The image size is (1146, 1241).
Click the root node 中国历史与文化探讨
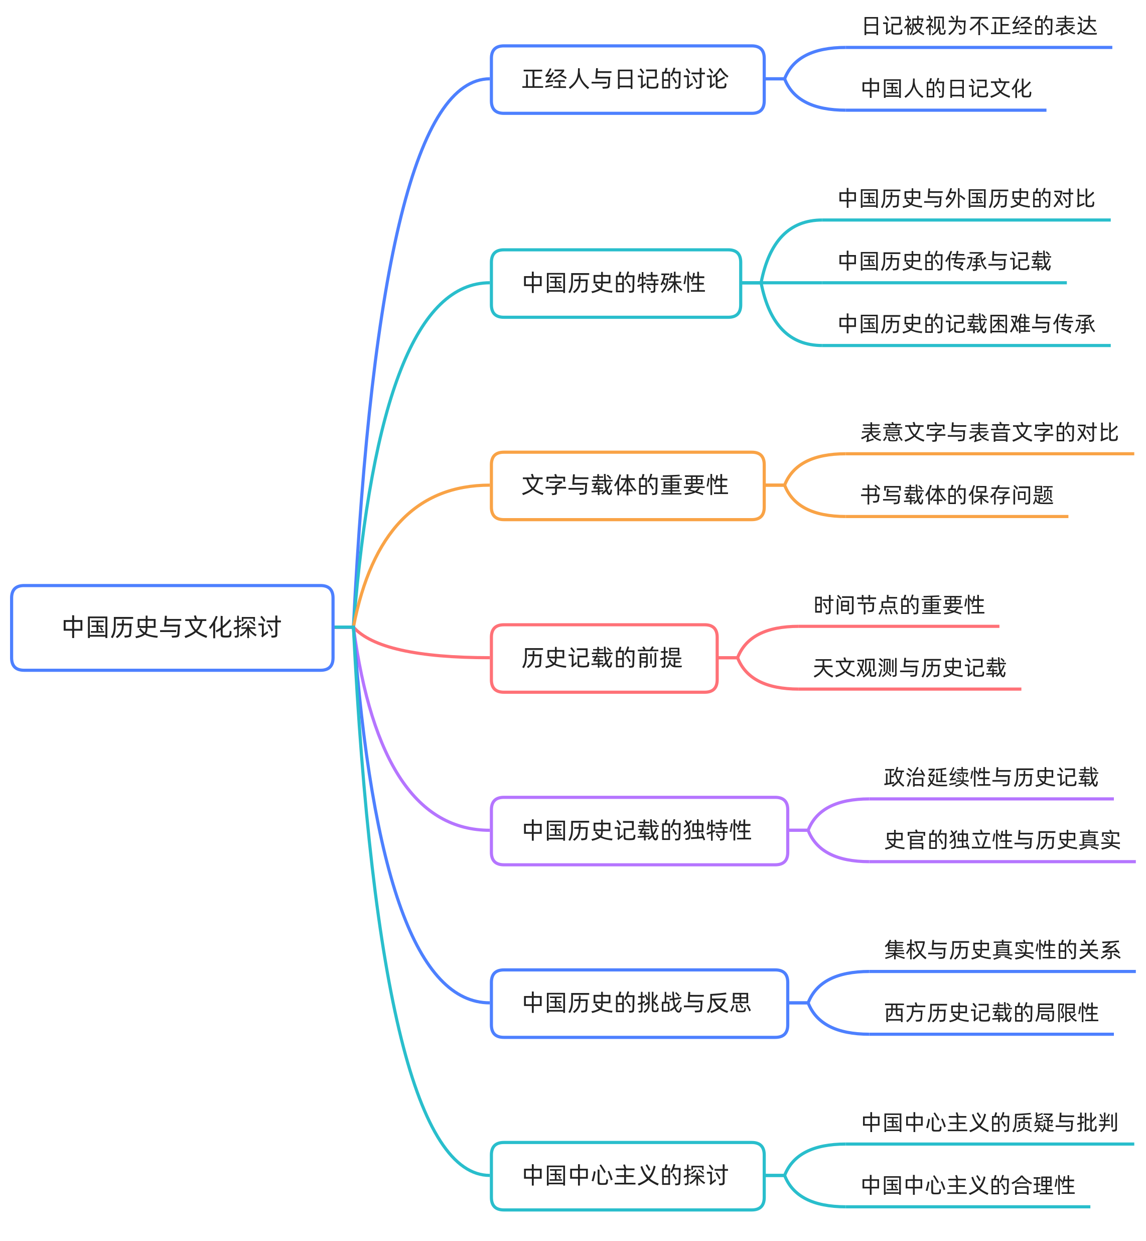[172, 628]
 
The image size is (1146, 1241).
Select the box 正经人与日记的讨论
[627, 79]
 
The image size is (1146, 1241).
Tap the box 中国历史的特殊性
[616, 284]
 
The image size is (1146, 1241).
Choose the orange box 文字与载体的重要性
[627, 485]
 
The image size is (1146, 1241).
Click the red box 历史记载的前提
[604, 658]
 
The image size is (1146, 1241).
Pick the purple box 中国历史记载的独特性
[639, 830]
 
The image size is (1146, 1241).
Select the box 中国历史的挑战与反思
[639, 1003]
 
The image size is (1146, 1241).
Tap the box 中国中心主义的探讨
[627, 1175]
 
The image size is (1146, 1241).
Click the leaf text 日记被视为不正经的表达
[979, 27]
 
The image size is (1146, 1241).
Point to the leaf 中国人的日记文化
[946, 89]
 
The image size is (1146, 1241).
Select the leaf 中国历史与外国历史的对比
[966, 199]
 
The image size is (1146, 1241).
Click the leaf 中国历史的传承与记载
[944, 261]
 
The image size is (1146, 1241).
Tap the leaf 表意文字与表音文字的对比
[989, 432]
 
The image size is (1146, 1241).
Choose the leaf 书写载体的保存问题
[957, 495]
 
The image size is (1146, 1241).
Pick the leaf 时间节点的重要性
[899, 605]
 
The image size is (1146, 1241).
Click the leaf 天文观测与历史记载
[909, 668]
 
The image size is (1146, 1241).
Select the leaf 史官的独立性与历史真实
[1002, 840]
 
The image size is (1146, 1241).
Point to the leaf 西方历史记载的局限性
[991, 1013]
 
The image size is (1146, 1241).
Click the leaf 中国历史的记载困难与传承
[966, 324]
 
